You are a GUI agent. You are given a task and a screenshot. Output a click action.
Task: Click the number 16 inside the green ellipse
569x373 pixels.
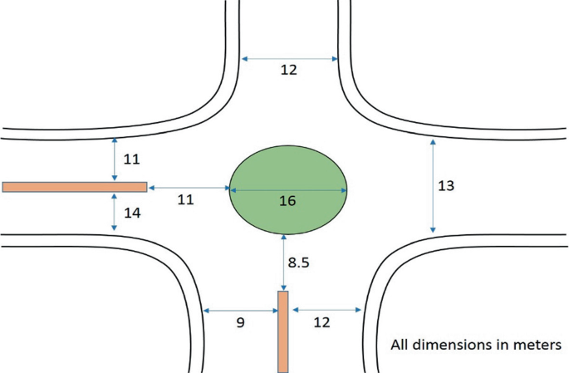coord(287,201)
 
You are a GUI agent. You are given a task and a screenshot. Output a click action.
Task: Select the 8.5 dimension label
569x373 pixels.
coord(301,263)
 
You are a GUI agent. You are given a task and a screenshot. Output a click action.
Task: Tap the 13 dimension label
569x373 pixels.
coord(446,186)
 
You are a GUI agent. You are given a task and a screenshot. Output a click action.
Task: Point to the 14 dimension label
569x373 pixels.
coord(132,213)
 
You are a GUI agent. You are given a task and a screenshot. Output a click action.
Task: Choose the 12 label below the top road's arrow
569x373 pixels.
coord(288,71)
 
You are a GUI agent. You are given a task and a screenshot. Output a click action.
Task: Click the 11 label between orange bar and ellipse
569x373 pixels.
coord(187,200)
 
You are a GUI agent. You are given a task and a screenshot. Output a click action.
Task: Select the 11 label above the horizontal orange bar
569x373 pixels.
coord(132,159)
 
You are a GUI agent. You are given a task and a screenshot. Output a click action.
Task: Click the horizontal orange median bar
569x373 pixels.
coord(75,187)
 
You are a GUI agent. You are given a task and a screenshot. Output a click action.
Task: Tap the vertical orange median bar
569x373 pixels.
coord(282,331)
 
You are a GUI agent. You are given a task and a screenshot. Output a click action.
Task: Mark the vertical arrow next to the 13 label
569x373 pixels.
coord(433,186)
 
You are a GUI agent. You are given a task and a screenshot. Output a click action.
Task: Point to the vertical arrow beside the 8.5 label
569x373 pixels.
coord(285,262)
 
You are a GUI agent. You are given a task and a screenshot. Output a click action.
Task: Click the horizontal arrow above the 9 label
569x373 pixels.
coord(241,310)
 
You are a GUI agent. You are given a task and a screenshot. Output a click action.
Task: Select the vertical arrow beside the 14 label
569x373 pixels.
coord(115,213)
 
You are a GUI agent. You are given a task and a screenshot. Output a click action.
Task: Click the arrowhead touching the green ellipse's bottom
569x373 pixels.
coord(285,238)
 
